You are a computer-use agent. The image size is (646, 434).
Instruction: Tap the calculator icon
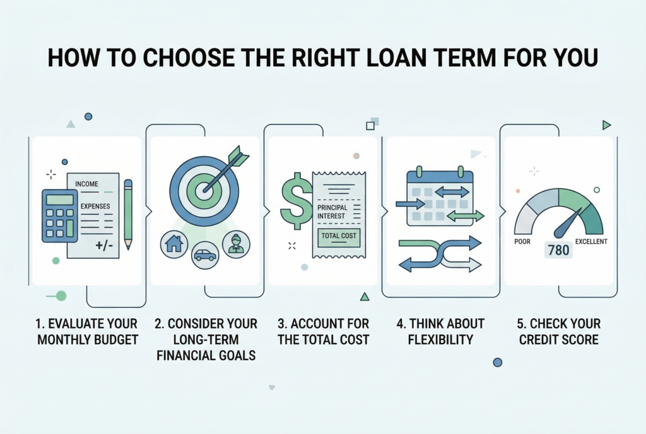pos(60,216)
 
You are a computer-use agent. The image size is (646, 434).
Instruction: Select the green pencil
pos(128,214)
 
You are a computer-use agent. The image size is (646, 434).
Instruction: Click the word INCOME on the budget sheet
pos(86,184)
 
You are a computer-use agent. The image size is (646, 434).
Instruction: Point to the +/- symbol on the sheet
pos(104,246)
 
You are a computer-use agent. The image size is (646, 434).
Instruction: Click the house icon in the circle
pos(174,244)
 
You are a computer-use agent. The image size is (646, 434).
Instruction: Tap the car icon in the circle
pos(205,255)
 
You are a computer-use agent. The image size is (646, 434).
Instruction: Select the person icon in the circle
pos(236,244)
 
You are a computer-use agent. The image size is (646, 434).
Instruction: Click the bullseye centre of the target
pos(204,190)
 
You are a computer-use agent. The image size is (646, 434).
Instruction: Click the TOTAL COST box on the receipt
pos(339,237)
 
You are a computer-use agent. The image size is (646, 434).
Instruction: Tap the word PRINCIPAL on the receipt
pos(332,207)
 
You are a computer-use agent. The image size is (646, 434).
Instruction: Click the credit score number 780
pos(559,250)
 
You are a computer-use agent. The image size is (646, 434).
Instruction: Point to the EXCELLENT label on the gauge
pos(591,241)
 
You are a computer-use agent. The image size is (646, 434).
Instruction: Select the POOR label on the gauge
pos(522,241)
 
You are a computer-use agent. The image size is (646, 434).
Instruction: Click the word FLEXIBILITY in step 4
pos(440,339)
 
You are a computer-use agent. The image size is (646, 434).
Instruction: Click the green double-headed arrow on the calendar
pos(465,215)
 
